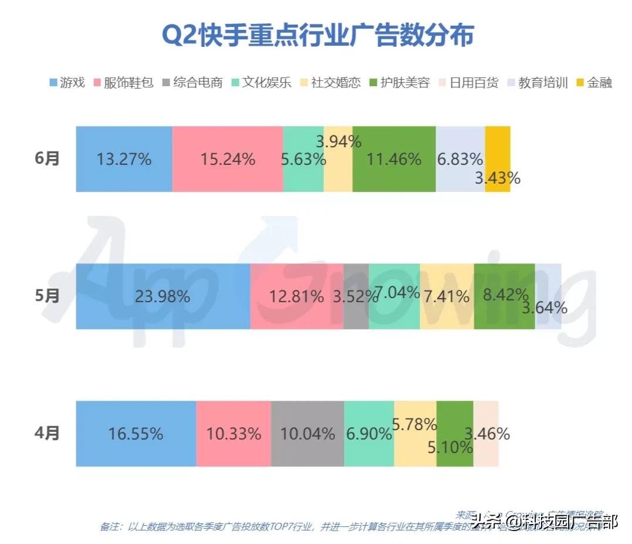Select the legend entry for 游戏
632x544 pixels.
tap(67, 82)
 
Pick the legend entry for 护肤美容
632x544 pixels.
tap(398, 82)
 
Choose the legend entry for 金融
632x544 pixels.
tap(594, 82)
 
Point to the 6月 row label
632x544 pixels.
tap(48, 159)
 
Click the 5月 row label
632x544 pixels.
tap(48, 296)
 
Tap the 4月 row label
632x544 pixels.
tap(48, 434)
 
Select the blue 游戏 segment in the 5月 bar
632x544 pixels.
tap(163, 296)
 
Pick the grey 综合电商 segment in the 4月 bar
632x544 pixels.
tap(307, 434)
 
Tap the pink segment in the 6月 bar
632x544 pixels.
tap(227, 159)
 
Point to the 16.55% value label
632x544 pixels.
tap(136, 434)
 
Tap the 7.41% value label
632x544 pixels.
tap(448, 297)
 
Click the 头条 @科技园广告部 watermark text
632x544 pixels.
tap(543, 520)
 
